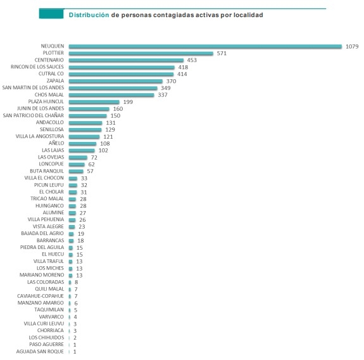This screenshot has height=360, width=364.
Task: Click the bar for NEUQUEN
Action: (205, 46)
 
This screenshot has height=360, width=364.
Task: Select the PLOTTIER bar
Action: (141, 53)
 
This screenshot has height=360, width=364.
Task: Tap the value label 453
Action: (192, 60)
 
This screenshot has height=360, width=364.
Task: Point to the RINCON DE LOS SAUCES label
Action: (37, 67)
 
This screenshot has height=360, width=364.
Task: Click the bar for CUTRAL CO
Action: (121, 74)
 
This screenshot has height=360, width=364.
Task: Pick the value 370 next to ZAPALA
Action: (171, 81)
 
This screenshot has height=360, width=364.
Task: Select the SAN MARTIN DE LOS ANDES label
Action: (33, 87)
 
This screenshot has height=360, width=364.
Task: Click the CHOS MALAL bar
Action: (111, 95)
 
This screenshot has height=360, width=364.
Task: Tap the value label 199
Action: (128, 102)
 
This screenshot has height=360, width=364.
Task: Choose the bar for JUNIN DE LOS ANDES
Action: (89, 109)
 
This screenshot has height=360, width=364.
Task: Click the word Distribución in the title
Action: (89, 15)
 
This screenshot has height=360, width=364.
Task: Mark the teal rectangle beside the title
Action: (51, 13)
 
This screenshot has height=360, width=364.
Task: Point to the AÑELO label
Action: (56, 143)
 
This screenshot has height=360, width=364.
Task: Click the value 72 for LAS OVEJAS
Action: (94, 158)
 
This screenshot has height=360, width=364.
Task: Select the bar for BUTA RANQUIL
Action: (76, 171)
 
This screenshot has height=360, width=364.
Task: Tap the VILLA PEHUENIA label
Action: (46, 219)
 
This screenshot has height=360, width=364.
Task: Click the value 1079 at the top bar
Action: (352, 46)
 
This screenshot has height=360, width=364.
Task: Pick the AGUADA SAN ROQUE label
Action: (40, 352)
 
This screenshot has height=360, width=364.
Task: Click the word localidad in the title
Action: (248, 15)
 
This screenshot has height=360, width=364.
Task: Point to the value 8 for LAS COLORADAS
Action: (76, 283)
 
